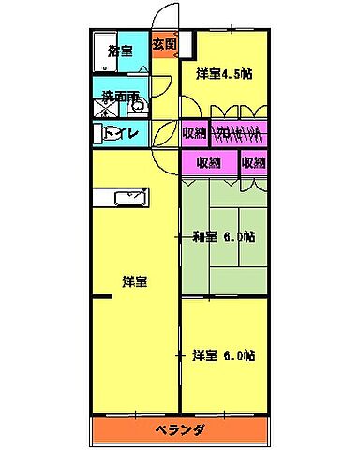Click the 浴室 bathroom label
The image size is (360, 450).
pos(120,51)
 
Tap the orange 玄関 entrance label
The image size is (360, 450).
pos(165,43)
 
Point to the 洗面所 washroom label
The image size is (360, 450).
pos(121,96)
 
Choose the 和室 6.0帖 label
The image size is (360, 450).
pos(225,236)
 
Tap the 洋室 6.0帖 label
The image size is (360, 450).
pos(225,355)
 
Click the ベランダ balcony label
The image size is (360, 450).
pos(180,430)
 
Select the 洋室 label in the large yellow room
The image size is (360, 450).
pos(135,280)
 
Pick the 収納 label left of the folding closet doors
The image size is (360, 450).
pos(194,132)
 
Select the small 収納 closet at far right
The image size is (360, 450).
pos(253,162)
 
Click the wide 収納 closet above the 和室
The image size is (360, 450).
pos(210,162)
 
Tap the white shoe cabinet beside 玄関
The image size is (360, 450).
pos(186,44)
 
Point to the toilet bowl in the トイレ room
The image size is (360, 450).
pos(101,133)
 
